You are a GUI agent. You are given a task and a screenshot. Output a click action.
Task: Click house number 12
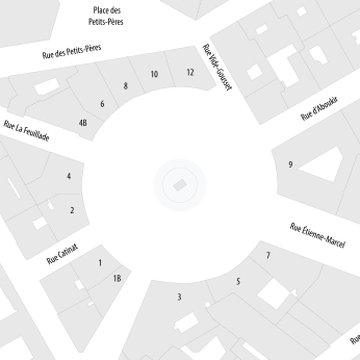click(x=190, y=72)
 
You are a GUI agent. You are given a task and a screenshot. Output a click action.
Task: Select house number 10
click(x=154, y=75)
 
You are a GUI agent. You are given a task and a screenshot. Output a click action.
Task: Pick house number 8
click(x=126, y=87)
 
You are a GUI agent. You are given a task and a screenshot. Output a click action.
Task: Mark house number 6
click(x=102, y=104)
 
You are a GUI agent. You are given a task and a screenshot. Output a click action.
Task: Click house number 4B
click(x=83, y=123)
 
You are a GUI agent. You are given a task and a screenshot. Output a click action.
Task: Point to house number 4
click(x=69, y=176)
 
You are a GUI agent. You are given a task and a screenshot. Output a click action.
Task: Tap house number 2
click(x=72, y=210)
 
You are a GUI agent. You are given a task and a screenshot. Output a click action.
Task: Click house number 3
click(x=178, y=296)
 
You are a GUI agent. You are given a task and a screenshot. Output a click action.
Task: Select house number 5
click(x=238, y=282)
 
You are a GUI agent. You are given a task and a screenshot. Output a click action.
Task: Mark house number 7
click(x=268, y=256)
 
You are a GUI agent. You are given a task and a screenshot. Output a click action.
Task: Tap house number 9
click(x=290, y=164)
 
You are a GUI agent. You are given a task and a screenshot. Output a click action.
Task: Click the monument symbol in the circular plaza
click(x=179, y=185)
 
